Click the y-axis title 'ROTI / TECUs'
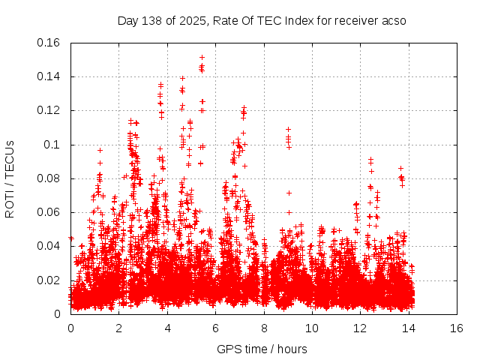pyautogui.click(x=10, y=178)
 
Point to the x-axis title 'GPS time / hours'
pyautogui.click(x=262, y=349)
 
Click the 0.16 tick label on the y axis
pyautogui.click(x=49, y=43)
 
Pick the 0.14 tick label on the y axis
pyautogui.click(x=49, y=76)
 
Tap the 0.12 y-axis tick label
pyautogui.click(x=49, y=110)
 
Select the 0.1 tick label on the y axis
pyautogui.click(x=52, y=145)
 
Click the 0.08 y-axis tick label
pyautogui.click(x=49, y=178)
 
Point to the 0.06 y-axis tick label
pyautogui.click(x=49, y=212)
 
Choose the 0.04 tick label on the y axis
pyautogui.click(x=49, y=246)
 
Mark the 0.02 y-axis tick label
pyautogui.click(x=49, y=280)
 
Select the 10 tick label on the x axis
pyautogui.click(x=312, y=328)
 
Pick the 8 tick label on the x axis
pyautogui.click(x=264, y=328)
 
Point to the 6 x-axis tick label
pyautogui.click(x=215, y=328)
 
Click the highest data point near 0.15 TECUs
pyautogui.click(x=202, y=57)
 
